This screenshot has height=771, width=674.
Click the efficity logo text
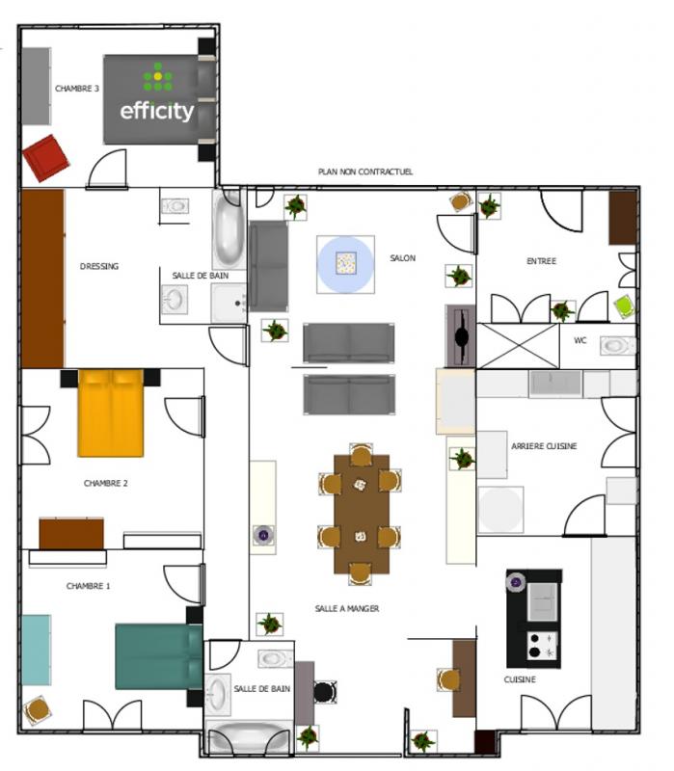pyautogui.click(x=157, y=111)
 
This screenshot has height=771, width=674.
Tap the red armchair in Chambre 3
pyautogui.click(x=45, y=158)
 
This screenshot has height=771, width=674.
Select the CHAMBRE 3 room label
pyautogui.click(x=77, y=89)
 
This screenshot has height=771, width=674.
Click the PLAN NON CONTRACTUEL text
pyautogui.click(x=365, y=172)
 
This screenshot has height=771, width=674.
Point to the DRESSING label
pyautogui.click(x=99, y=267)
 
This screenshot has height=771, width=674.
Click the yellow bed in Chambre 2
pyautogui.click(x=111, y=413)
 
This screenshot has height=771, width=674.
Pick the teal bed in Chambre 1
pyautogui.click(x=159, y=656)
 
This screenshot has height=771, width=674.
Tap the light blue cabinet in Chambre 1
pyautogui.click(x=36, y=650)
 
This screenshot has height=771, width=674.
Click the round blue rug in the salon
pyautogui.click(x=345, y=264)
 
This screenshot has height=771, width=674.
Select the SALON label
pyautogui.click(x=402, y=258)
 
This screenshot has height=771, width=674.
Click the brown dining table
pyautogui.click(x=362, y=515)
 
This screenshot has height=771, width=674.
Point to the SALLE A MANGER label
pyautogui.click(x=347, y=609)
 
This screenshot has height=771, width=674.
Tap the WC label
pyautogui.click(x=580, y=340)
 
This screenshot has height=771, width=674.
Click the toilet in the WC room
pyautogui.click(x=617, y=345)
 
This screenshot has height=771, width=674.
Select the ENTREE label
pyautogui.click(x=541, y=261)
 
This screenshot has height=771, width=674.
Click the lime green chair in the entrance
pyautogui.click(x=624, y=306)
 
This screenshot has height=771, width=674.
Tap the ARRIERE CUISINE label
pyautogui.click(x=544, y=446)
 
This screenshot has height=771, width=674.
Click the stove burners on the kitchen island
pyautogui.click(x=542, y=646)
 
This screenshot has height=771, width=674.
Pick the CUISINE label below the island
pyautogui.click(x=520, y=679)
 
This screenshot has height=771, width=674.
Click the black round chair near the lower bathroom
pyautogui.click(x=325, y=692)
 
